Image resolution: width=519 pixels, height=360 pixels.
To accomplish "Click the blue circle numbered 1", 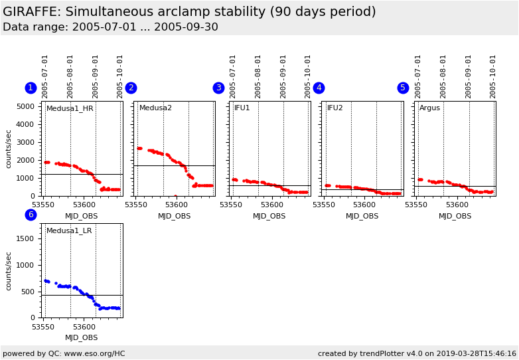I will point(31,88).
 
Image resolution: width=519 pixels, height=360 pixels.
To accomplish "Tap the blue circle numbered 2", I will point(131,88).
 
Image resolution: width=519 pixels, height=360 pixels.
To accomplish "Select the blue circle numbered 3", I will point(218,88).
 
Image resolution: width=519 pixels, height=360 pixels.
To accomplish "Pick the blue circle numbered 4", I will point(319,88).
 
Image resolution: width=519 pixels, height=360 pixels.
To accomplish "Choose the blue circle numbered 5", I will point(403,88).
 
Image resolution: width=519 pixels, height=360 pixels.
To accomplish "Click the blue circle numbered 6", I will point(31,215).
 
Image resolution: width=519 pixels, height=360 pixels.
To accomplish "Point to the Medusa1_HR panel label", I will point(70,108).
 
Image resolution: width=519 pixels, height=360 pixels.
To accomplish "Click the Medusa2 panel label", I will point(155,108).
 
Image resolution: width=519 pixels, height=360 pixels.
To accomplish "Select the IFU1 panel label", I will point(242,108).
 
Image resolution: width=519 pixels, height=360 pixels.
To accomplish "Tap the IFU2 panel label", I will point(335,108).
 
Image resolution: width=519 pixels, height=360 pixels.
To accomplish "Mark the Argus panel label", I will point(429,108).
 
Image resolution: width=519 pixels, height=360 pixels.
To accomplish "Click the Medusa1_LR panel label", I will point(69,231).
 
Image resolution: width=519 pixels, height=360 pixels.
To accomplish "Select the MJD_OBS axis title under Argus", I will point(455,217).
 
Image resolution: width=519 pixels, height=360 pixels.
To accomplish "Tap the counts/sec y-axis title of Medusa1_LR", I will point(9,270).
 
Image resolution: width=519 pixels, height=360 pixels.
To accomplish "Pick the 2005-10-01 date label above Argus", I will point(492,76).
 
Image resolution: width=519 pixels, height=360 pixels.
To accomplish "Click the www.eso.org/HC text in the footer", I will point(94,354).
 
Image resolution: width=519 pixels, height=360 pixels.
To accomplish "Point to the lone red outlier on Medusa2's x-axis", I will point(175,196).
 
